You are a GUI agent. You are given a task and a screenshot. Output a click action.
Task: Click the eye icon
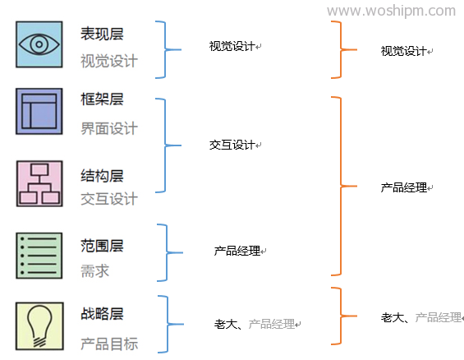(x=39, y=44)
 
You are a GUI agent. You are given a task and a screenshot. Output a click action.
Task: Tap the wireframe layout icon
(x=39, y=111)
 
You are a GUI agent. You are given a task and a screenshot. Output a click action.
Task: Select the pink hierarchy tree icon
(x=39, y=183)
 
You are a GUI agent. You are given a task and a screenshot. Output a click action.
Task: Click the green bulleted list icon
(x=39, y=256)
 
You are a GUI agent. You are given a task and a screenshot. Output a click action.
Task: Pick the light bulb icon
(x=39, y=326)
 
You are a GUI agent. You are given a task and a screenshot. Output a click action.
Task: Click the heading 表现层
(x=102, y=34)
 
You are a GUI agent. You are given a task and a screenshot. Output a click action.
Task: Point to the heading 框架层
(x=102, y=99)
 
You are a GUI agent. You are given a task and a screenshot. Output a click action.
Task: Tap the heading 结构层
(x=102, y=176)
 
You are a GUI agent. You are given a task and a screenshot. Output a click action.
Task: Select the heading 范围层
(x=102, y=246)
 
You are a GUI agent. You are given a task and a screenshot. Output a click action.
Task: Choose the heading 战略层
(x=102, y=313)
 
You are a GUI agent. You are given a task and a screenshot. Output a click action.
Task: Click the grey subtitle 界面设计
(x=109, y=129)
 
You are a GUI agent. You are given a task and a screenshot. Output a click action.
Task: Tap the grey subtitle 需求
(x=95, y=271)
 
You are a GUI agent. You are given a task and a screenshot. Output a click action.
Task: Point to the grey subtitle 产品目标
(x=109, y=344)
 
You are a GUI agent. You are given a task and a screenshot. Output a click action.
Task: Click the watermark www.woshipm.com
(x=391, y=11)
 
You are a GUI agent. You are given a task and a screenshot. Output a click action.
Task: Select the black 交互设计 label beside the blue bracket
(x=232, y=145)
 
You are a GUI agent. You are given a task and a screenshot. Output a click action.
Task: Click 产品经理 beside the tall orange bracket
(x=403, y=187)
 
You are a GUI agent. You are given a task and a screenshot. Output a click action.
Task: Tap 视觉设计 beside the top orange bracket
(x=403, y=51)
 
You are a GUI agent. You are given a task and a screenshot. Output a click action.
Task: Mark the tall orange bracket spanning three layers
(x=341, y=186)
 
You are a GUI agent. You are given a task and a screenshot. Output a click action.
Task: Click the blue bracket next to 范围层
(x=168, y=252)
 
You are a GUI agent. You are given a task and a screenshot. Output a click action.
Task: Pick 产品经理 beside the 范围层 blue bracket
(x=237, y=251)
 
